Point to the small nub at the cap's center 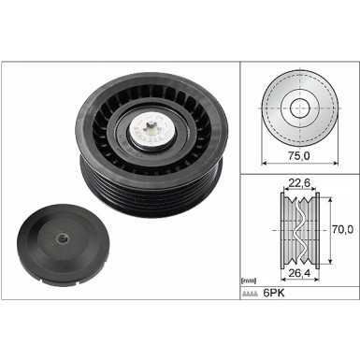pos(62,239)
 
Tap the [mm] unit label pos(248,281)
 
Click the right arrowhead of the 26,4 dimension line pos(322,265)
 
